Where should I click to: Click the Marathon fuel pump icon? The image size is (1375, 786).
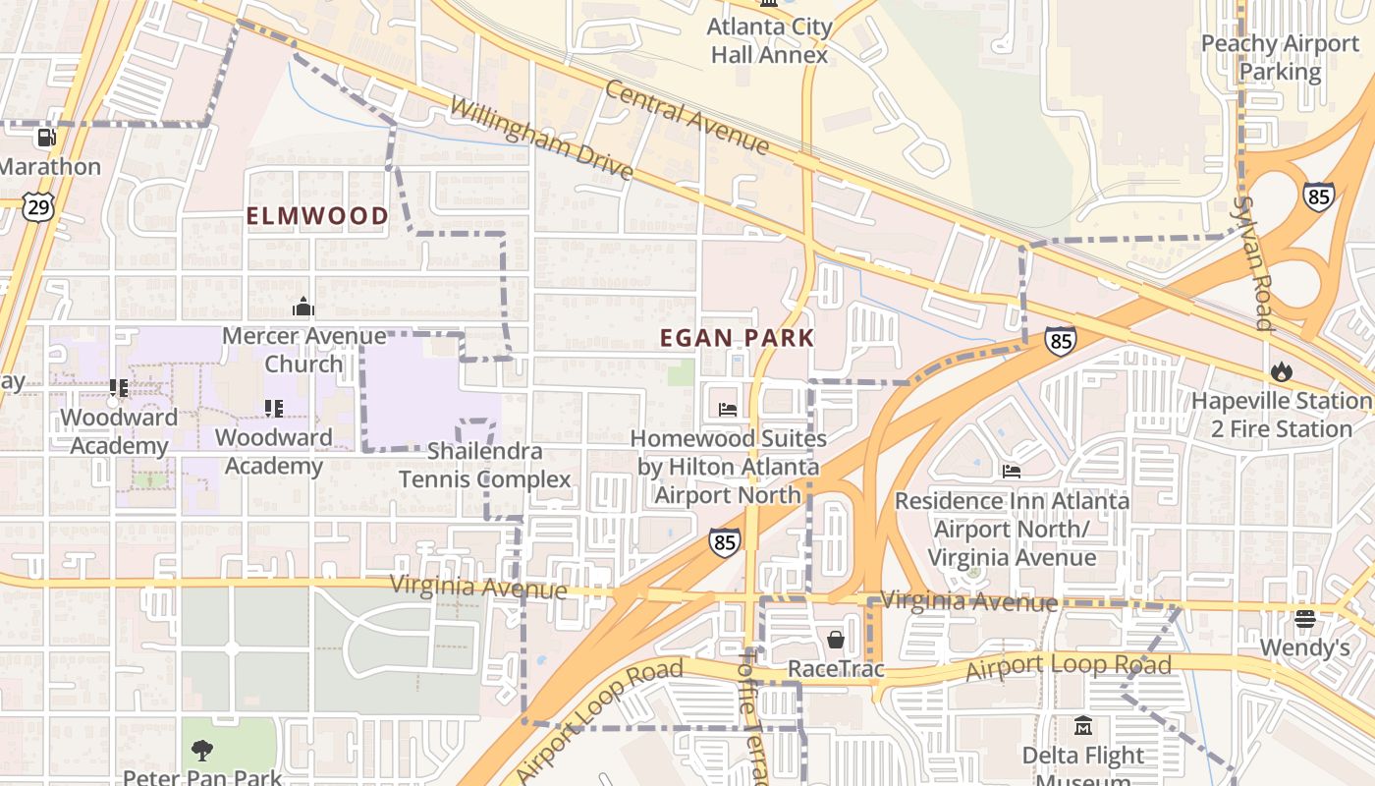point(46,138)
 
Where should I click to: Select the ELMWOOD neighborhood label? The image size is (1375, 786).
point(317,216)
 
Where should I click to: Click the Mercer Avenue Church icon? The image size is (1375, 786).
point(303,308)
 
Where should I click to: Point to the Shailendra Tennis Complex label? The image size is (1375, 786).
point(485,466)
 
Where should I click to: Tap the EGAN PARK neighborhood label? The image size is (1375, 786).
point(737,338)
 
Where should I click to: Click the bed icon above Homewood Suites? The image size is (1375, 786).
point(728,410)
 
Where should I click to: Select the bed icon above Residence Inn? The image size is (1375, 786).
point(1012,472)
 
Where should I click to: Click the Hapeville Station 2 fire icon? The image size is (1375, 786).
point(1281,371)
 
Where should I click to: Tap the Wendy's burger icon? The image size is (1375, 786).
point(1304,619)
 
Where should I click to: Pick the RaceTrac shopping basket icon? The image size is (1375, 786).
point(836,640)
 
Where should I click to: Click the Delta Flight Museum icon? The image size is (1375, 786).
point(1083,726)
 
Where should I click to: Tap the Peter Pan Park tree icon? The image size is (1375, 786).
point(201,751)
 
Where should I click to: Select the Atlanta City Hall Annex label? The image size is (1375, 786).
point(769,41)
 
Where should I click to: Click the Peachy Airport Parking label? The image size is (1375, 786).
point(1280,58)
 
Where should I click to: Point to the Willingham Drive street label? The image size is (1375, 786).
point(541,138)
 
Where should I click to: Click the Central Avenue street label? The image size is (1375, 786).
point(687,117)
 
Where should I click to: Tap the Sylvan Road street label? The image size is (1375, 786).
point(1256,262)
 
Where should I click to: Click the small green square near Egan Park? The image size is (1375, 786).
point(681,372)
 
